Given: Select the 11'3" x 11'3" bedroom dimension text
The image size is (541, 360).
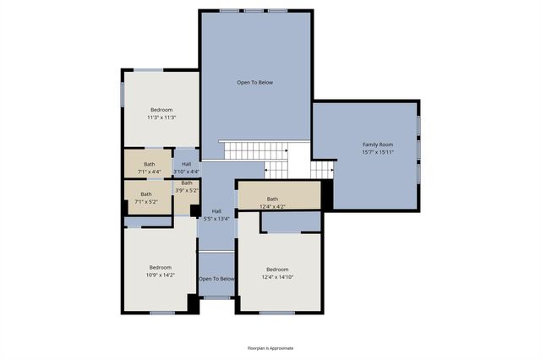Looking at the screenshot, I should (161, 118).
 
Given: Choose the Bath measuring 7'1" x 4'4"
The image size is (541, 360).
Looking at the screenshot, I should (149, 167).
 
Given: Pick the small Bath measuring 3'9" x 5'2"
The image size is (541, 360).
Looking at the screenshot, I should (186, 186).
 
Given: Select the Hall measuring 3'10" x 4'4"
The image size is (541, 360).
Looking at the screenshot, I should (186, 167).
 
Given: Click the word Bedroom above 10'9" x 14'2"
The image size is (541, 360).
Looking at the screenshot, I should (160, 267).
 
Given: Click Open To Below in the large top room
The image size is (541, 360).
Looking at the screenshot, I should (254, 82).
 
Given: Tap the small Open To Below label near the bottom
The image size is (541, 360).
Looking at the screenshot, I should (216, 278).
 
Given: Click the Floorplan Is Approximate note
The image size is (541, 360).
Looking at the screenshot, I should (270, 347).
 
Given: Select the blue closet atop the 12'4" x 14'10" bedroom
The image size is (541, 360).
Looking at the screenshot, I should (291, 221).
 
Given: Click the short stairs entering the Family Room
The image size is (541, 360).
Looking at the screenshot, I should (322, 169).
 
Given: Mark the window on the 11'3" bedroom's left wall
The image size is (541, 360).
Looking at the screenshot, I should (123, 93).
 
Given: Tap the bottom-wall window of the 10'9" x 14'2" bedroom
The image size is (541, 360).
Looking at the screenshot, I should (161, 313).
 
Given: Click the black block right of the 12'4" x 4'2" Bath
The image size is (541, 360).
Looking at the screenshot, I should (327, 195).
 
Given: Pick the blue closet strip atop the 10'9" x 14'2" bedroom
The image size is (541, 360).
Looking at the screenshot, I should (149, 222).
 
